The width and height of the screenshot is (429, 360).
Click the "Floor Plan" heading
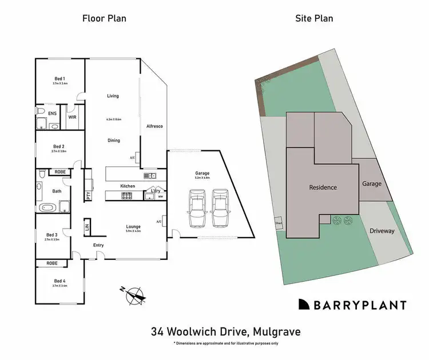[104, 18]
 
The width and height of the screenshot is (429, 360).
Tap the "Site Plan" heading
[314, 18]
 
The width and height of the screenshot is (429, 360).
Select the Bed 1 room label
[60, 78]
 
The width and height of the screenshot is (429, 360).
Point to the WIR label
[73, 117]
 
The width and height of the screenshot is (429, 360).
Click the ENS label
[52, 114]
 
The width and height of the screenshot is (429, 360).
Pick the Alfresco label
[156, 126]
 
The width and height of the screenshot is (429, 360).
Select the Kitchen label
[127, 186]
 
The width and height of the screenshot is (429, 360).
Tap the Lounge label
[133, 226]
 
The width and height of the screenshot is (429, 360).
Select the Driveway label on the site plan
[382, 231]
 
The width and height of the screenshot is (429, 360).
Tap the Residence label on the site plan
[323, 187]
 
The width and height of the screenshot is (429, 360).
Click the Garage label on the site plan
[372, 184]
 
